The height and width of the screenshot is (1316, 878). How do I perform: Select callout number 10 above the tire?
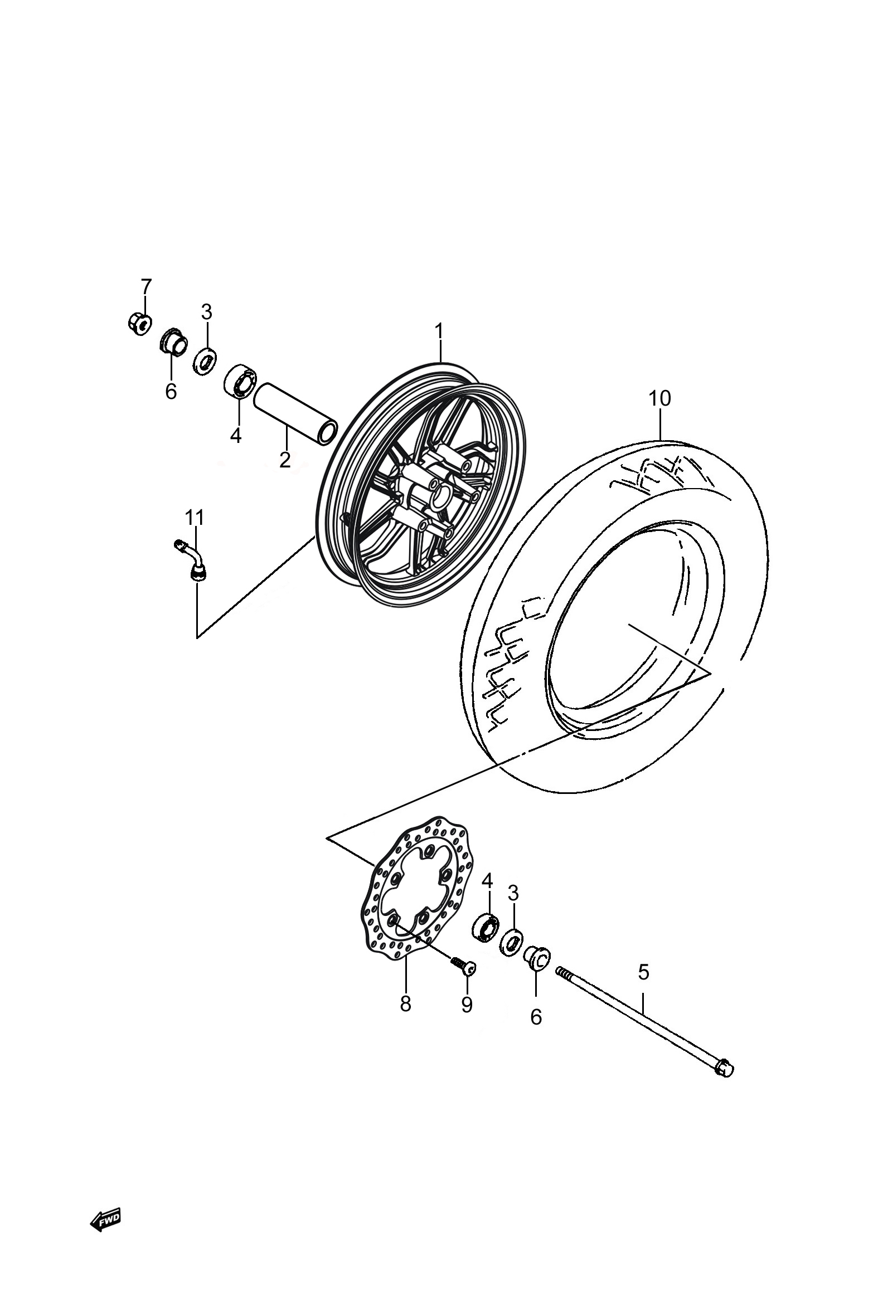659,399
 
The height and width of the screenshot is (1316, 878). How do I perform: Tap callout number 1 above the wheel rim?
440,332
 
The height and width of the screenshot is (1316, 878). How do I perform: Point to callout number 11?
195,518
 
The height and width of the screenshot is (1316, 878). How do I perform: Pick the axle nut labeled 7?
138,323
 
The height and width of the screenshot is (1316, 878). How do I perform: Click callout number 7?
146,286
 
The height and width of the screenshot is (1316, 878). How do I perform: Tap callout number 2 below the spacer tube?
285,459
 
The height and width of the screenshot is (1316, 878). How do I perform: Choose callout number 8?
405,1004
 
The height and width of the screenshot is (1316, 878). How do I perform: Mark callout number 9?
467,1005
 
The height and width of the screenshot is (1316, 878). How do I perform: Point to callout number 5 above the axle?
643,972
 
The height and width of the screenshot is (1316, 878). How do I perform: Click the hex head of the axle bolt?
724,1068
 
